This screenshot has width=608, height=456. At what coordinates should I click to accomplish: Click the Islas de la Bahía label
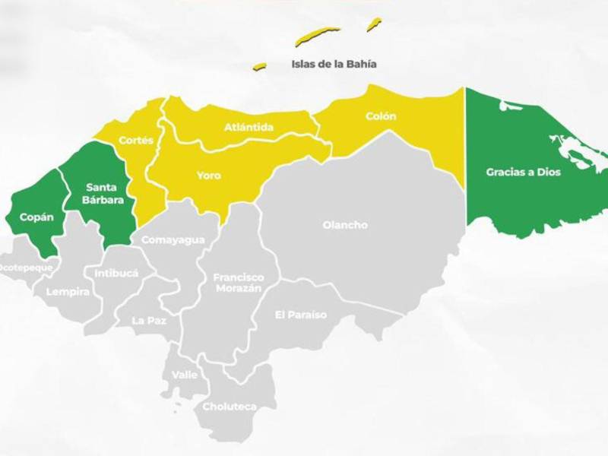tap(334, 64)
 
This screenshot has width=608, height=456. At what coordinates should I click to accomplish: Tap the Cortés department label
tap(136, 141)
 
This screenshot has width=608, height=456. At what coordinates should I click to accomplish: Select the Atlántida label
tap(249, 127)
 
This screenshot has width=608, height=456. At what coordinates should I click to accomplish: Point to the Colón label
tap(381, 116)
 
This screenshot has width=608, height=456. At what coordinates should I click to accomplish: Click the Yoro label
tap(208, 176)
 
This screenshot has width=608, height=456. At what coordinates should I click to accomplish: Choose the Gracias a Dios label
tap(523, 173)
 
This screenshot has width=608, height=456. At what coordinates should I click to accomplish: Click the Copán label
tap(36, 217)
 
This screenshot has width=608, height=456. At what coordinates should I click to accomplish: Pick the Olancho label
tap(345, 225)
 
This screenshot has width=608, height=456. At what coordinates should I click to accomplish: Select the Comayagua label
tap(173, 240)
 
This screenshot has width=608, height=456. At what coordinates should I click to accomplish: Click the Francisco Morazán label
tap(238, 283)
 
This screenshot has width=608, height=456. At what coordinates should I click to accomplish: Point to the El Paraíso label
tap(301, 315)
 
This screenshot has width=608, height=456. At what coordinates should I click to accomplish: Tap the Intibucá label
tap(116, 273)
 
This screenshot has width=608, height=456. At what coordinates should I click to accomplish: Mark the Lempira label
tap(68, 292)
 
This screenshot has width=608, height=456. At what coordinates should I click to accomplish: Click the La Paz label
tap(149, 321)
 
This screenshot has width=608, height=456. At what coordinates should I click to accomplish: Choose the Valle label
tap(185, 375)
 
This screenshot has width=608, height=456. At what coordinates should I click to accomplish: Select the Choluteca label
tap(229, 407)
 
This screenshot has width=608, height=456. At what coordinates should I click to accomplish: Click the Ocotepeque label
tap(26, 268)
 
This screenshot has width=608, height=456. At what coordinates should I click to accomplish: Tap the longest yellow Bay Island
tap(318, 35)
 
